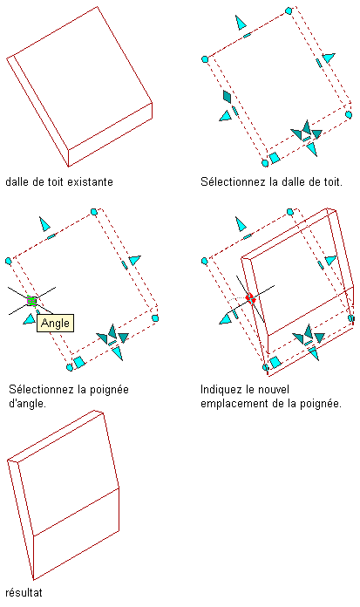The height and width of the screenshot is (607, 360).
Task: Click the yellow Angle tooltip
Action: pos(56,323)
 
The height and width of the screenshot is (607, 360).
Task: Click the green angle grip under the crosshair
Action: pos(31,300)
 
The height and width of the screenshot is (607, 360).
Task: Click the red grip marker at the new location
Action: pos(250,298)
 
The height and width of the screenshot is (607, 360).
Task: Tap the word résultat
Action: pos(24,593)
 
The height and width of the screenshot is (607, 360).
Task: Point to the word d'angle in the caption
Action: pos(28,404)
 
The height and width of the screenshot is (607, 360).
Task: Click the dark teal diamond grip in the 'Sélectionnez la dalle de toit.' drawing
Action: pos(228,96)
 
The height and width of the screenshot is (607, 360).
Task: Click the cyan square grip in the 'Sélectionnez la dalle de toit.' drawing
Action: pos(275,158)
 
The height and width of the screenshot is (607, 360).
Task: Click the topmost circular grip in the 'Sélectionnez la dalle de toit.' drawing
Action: pos(289,10)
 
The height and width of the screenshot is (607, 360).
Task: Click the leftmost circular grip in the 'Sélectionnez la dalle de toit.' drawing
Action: pos(205,59)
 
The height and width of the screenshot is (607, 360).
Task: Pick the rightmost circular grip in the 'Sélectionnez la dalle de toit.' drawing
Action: pos(349,114)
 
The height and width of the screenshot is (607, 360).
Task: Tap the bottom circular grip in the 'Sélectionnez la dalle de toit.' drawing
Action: pos(265,163)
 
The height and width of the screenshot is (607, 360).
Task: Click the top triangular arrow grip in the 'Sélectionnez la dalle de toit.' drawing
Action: pos(241,23)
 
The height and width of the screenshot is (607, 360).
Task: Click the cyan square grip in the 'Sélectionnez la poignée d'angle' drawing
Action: pos(79,362)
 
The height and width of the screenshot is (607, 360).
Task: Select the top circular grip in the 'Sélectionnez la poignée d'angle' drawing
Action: pos(93,212)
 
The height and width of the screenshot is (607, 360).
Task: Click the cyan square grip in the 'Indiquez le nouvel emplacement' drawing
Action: pos(275,362)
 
